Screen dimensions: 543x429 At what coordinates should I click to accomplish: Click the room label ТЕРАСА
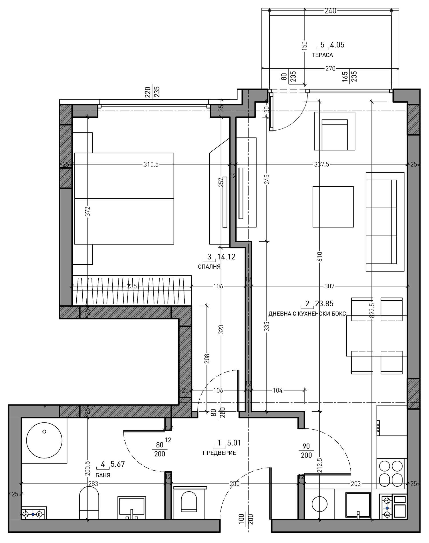322,55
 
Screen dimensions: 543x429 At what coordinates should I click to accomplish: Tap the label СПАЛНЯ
209,267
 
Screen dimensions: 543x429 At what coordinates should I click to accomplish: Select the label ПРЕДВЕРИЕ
219,453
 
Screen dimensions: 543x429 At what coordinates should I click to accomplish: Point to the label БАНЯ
103,476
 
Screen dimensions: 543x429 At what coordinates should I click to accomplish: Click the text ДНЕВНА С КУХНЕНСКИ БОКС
307,314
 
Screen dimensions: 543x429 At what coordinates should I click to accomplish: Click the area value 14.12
226,257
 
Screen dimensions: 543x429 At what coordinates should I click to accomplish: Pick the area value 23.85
324,304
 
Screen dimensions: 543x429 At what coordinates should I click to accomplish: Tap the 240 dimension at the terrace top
330,11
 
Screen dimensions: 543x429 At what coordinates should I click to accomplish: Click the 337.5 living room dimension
321,164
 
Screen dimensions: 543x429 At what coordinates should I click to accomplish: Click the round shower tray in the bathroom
44,440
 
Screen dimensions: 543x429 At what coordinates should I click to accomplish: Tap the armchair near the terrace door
334,132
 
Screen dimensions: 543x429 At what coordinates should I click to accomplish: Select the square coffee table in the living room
333,207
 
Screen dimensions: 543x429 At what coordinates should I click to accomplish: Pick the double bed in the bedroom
124,198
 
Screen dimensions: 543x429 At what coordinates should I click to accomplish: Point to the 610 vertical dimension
319,256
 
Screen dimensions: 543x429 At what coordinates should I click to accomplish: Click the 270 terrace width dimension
330,69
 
